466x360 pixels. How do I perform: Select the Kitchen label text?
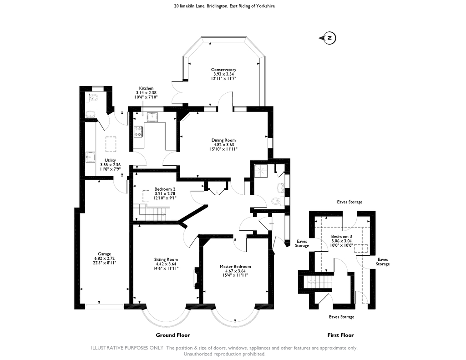pyautogui.click(x=147, y=88)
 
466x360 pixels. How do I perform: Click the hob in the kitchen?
pyautogui.click(x=138, y=131)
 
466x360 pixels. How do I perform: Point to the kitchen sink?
pyautogui.click(x=152, y=116)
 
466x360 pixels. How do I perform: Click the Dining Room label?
pyautogui.click(x=223, y=140)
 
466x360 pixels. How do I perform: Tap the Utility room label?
pyautogui.click(x=110, y=160)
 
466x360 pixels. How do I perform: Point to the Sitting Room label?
pyautogui.click(x=166, y=259)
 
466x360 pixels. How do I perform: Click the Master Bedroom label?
pyautogui.click(x=235, y=267)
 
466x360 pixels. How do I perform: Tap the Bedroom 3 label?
pyautogui.click(x=341, y=237)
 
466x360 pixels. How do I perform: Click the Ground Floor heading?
pyautogui.click(x=173, y=335)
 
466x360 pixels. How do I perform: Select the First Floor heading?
pyautogui.click(x=340, y=335)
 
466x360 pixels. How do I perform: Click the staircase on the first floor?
pyautogui.click(x=317, y=282)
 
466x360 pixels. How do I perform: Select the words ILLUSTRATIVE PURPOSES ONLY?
pyautogui.click(x=127, y=348)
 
